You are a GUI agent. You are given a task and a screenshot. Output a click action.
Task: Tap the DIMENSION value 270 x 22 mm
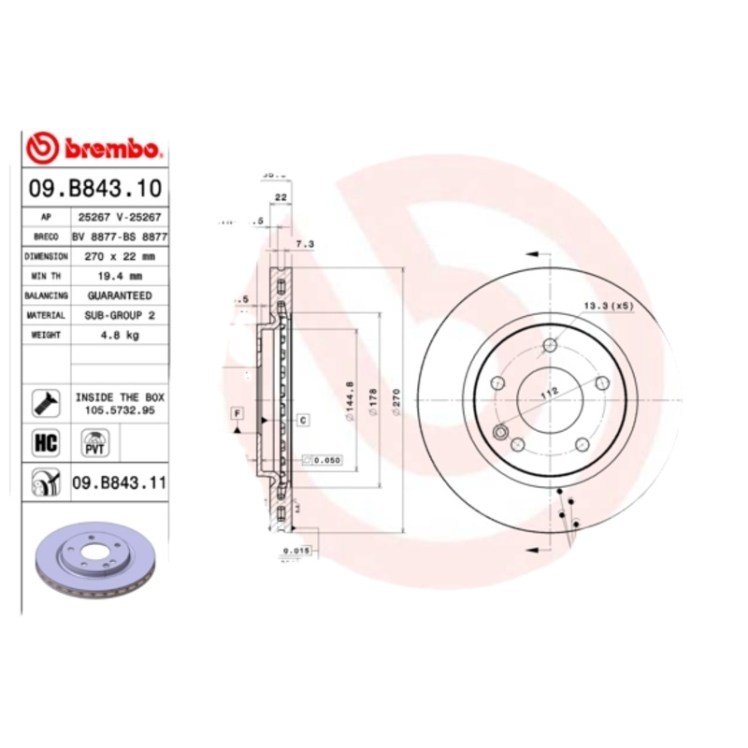(x=120, y=255)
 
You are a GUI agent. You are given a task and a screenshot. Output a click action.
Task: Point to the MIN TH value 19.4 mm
(x=120, y=276)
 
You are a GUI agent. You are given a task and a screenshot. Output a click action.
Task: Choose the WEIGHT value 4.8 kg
(x=120, y=336)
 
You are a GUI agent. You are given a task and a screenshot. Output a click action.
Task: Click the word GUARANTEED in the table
(x=120, y=295)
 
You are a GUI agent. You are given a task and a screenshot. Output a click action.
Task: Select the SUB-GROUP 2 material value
(x=120, y=316)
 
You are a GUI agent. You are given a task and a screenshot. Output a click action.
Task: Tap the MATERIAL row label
(x=46, y=316)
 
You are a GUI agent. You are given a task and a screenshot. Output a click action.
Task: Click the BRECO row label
(x=46, y=237)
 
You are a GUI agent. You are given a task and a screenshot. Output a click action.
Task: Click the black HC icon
(x=46, y=442)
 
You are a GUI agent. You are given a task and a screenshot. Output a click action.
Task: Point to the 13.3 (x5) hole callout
(x=609, y=306)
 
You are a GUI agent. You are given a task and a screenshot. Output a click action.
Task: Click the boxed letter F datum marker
(x=237, y=412)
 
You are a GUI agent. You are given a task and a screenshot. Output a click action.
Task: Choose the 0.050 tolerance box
(x=322, y=460)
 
